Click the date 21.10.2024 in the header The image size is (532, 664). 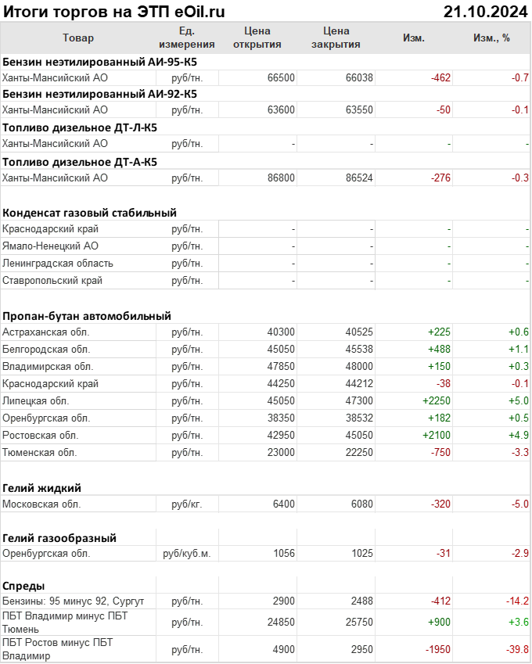[485, 11]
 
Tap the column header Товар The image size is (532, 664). [77, 38]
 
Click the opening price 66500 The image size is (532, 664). [281, 77]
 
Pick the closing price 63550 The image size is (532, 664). [359, 110]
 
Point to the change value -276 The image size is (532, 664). [441, 178]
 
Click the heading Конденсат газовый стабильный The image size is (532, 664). [89, 212]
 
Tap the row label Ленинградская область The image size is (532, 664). [58, 263]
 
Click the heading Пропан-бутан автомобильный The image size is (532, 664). [87, 316]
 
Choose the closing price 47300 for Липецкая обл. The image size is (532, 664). [359, 400]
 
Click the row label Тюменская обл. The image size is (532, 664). [39, 452]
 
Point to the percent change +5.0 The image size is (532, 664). [519, 400]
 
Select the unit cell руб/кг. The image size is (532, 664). [186, 504]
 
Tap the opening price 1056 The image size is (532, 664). [284, 553]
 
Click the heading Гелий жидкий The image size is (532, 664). [42, 488]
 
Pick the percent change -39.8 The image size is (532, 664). [516, 649]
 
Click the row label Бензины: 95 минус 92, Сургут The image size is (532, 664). [74, 601]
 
